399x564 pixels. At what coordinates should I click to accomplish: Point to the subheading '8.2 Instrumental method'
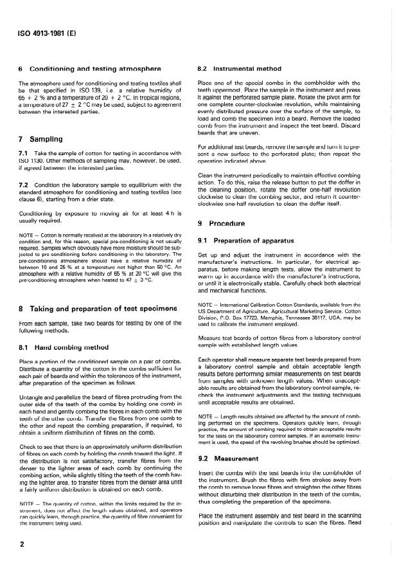(x=239, y=68)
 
